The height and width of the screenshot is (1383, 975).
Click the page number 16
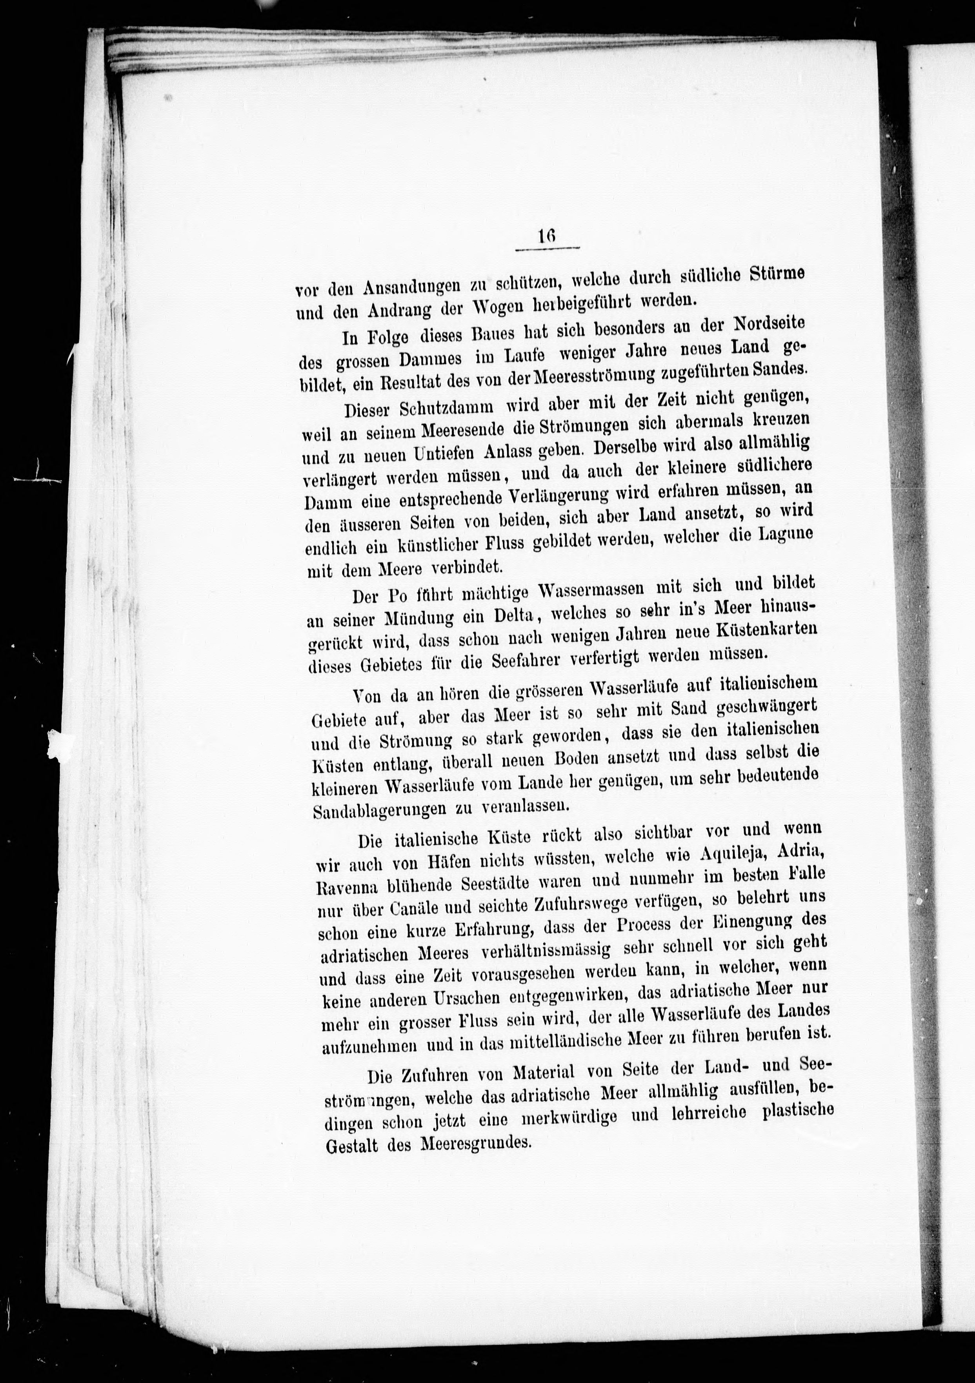[547, 236]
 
